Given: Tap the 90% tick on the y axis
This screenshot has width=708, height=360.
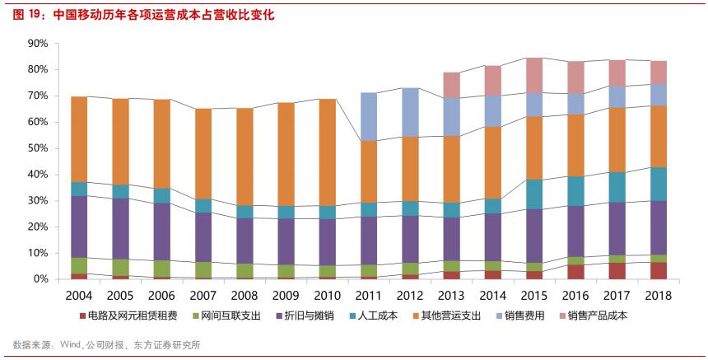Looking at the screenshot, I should pos(36,43).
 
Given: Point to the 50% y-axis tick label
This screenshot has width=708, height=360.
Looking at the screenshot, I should pos(36,148).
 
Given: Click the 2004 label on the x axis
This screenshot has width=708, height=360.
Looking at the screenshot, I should pos(79,296).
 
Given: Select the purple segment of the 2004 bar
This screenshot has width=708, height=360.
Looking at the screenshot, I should pos(79,227).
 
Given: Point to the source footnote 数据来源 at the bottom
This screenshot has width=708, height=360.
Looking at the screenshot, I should pos(107,345).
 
